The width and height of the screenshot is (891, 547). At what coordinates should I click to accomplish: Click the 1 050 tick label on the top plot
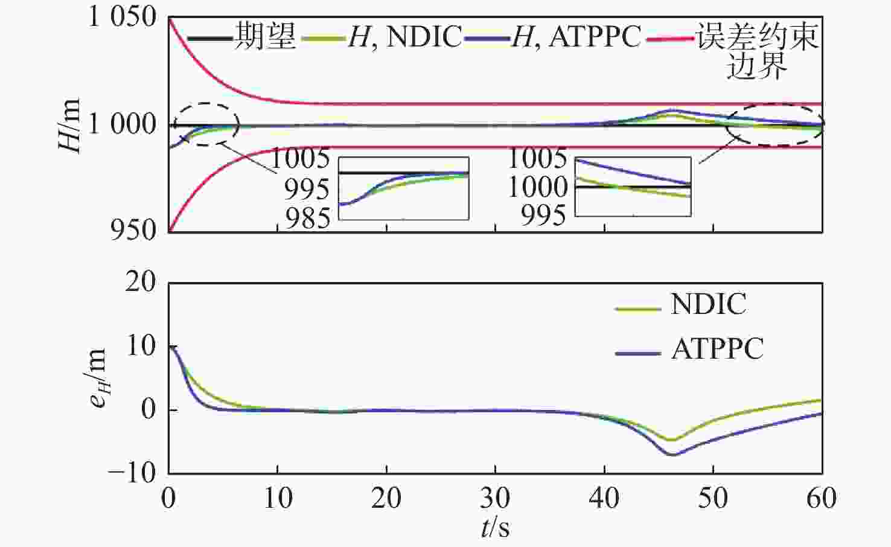(123, 17)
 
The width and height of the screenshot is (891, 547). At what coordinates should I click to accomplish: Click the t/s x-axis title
(496, 527)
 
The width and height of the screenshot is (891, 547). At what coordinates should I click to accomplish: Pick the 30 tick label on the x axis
(496, 498)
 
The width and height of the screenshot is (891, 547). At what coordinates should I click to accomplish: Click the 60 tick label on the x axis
(822, 498)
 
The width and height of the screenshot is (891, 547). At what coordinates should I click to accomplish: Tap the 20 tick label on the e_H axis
(140, 283)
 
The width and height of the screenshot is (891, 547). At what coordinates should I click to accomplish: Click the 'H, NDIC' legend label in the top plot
(404, 36)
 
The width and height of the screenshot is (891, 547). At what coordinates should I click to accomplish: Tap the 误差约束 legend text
(757, 36)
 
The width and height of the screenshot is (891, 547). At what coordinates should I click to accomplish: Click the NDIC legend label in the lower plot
(708, 304)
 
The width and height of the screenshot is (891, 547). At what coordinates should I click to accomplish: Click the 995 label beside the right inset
(543, 215)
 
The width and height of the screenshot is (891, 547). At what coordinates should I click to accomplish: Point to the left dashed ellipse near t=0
(206, 124)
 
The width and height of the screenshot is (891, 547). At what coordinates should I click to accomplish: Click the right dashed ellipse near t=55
(774, 124)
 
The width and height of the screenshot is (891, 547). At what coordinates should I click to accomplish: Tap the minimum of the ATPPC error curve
(673, 454)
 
